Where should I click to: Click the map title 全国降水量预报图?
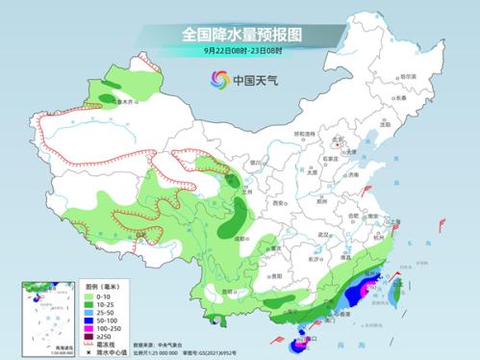point(240,35)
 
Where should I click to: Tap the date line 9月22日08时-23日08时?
point(240,51)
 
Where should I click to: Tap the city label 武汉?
point(323,234)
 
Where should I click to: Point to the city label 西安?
point(278,204)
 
